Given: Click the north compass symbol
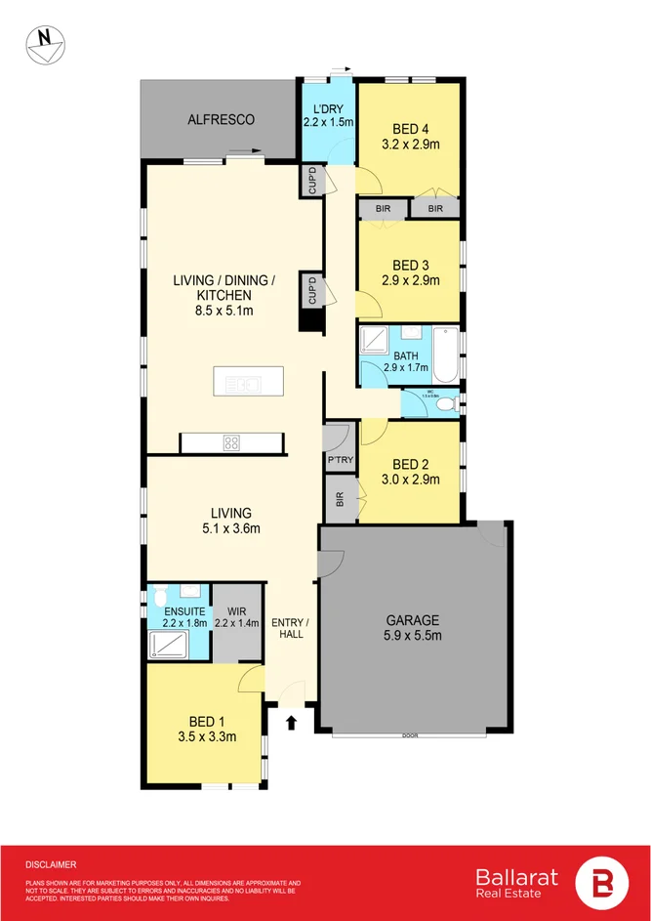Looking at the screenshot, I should pyautogui.click(x=45, y=45).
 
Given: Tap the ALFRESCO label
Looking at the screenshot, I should pyautogui.click(x=221, y=119).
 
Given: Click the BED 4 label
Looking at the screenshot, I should pyautogui.click(x=411, y=128).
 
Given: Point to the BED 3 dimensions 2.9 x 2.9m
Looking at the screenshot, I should pyautogui.click(x=411, y=280).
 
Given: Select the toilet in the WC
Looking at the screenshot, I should pyautogui.click(x=446, y=403).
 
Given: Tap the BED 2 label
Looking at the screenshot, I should pyautogui.click(x=411, y=465).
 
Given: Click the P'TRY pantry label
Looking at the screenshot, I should pyautogui.click(x=339, y=459).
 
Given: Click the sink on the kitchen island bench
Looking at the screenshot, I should pyautogui.click(x=243, y=384).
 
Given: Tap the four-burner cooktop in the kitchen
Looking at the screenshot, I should pyautogui.click(x=232, y=442).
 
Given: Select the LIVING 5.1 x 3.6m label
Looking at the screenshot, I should pyautogui.click(x=231, y=521).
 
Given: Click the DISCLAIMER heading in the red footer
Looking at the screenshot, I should pyautogui.click(x=51, y=864).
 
